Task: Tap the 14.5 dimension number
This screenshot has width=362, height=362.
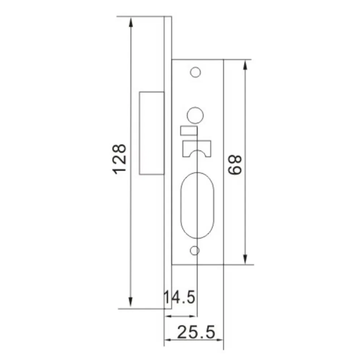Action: coord(180,298)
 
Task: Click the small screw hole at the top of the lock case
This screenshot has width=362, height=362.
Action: coord(195,72)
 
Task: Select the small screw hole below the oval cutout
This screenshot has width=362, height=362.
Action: coord(195,251)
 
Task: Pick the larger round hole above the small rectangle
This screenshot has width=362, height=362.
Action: coord(195,114)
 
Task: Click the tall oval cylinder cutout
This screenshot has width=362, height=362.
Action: coord(197,205)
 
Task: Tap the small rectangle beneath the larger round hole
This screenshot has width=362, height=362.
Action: coord(189,131)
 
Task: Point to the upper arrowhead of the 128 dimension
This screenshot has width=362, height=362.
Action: coord(131,22)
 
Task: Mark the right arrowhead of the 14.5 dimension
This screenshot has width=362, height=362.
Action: coord(194,316)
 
